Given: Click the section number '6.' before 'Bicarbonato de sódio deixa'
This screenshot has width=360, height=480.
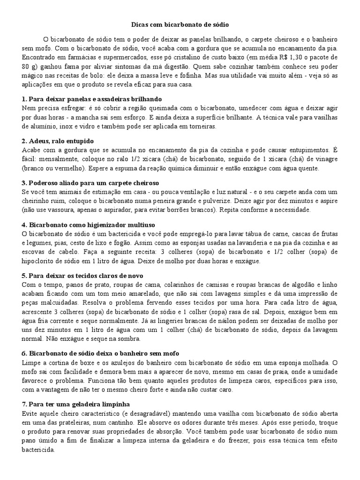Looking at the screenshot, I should click(25, 353).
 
